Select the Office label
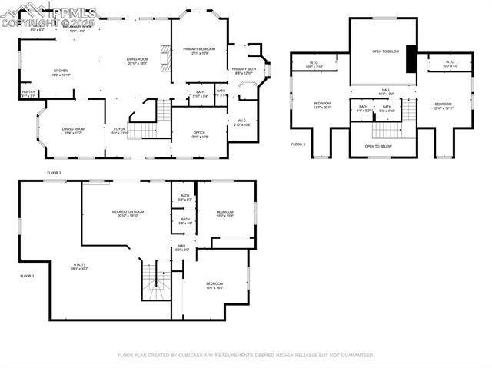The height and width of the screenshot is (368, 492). (x=199, y=134)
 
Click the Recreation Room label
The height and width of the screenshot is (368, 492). (x=128, y=213)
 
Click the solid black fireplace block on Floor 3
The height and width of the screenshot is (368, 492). (x=411, y=58)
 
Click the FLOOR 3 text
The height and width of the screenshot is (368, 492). (x=298, y=144)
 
